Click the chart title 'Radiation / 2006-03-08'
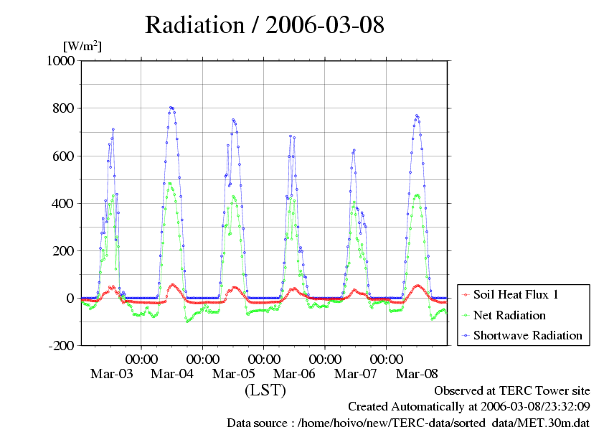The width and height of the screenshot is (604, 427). pos(265,25)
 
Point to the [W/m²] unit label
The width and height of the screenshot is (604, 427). pos(82,46)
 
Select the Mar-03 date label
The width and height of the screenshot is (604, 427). pos(111,374)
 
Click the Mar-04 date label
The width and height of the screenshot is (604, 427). pos(173,374)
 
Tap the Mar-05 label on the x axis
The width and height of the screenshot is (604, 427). pos(234,374)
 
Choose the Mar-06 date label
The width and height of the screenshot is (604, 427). pos(295,374)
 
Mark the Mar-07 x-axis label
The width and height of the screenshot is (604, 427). pos(356,374)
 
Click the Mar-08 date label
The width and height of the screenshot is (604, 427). pos(417,374)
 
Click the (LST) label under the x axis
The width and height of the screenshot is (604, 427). pos(265,391)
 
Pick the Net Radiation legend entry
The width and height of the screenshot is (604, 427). pos(509,315)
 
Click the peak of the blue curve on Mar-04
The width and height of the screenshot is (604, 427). pos(171,107)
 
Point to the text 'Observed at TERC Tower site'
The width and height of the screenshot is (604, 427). pos(512,391)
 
